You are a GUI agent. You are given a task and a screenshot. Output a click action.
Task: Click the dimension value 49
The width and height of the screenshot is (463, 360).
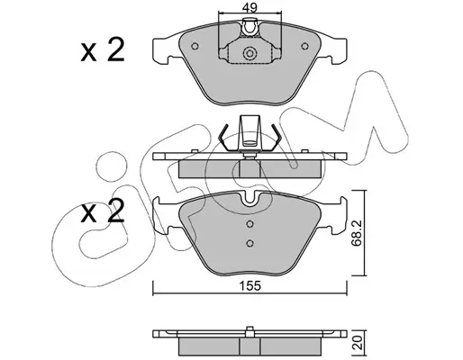point(250,8)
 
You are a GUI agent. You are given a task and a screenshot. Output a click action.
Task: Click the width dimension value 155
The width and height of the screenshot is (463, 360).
point(250,286)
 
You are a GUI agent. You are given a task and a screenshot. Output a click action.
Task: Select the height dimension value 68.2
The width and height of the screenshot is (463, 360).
point(357,233)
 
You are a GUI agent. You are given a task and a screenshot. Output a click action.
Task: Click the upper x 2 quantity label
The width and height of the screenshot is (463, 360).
point(103,50)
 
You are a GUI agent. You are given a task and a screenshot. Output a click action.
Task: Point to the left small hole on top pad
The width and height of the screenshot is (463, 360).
point(195,46)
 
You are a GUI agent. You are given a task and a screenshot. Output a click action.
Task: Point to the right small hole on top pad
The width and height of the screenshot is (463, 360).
point(304,46)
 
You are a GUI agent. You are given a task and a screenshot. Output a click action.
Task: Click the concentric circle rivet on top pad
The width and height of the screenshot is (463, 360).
point(250,53)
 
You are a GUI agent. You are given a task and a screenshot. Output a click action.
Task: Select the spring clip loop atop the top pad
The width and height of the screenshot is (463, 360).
point(250,27)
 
